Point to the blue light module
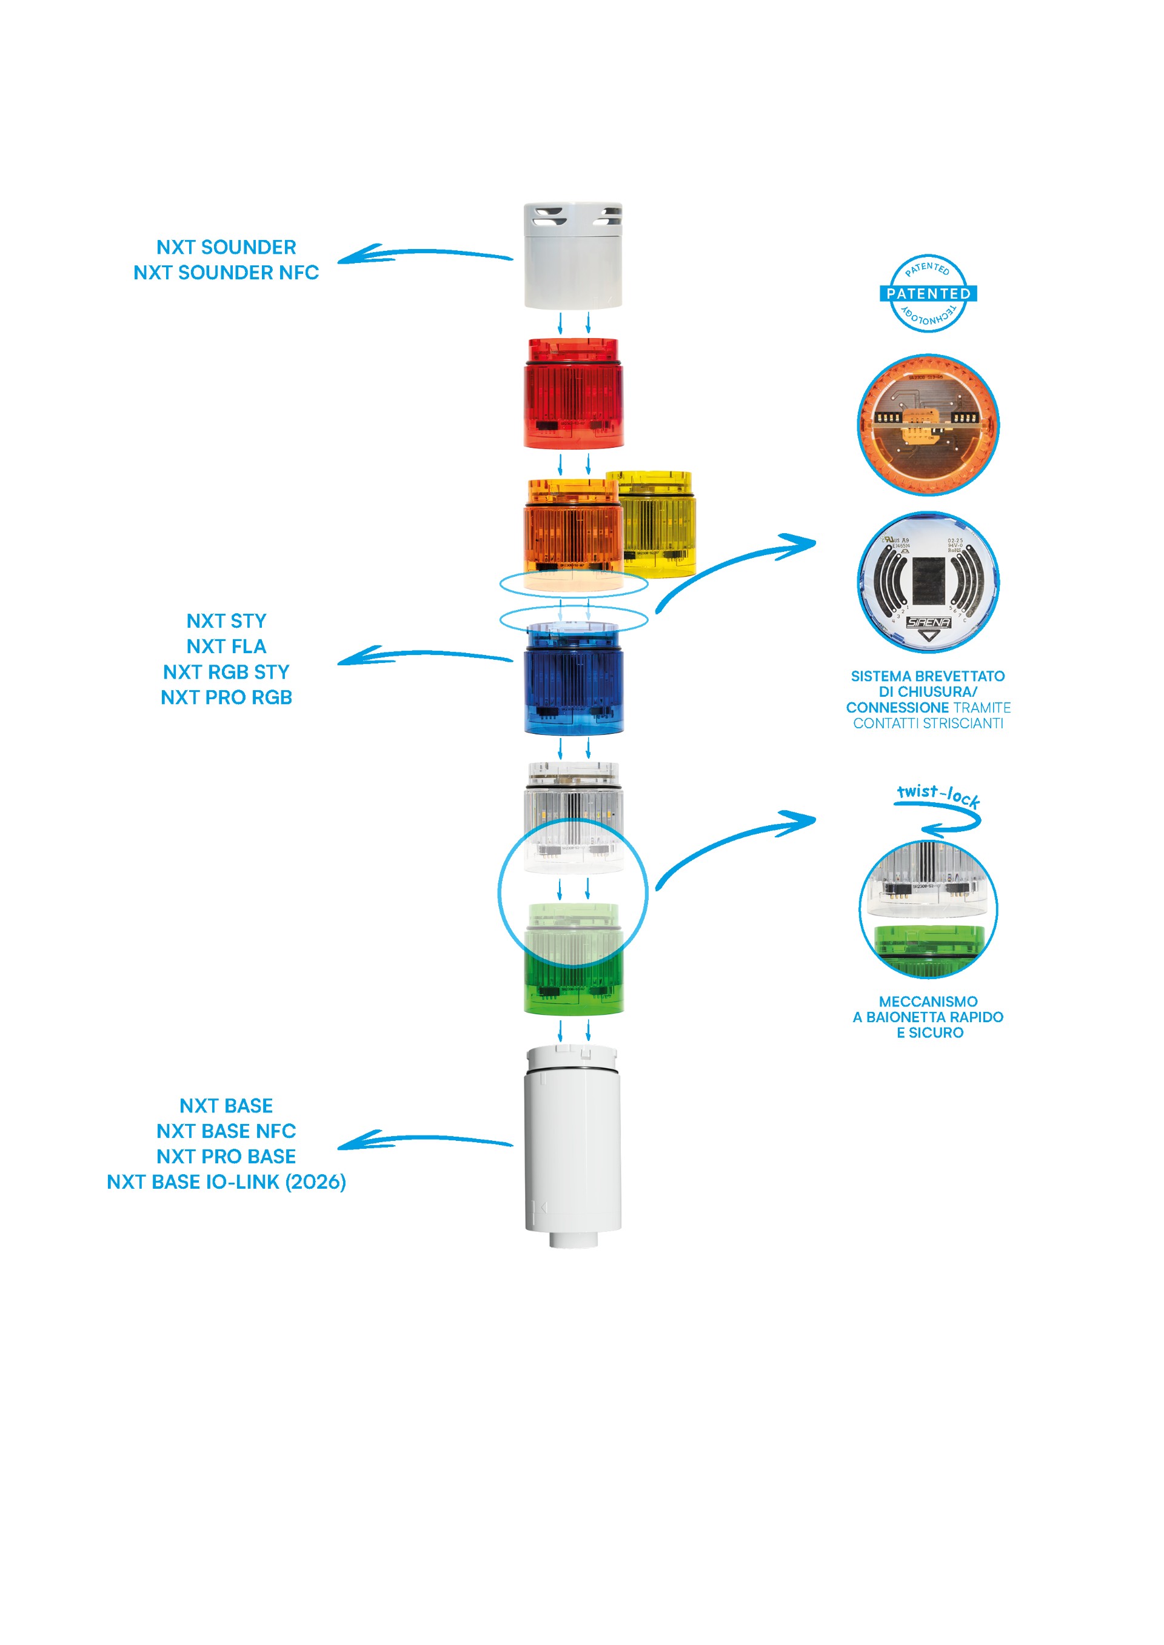tap(573, 680)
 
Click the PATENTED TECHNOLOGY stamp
tap(928, 294)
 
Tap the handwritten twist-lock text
tap(937, 796)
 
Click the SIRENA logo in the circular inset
tap(928, 622)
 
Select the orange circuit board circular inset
tap(928, 424)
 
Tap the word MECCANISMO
tap(928, 1001)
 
